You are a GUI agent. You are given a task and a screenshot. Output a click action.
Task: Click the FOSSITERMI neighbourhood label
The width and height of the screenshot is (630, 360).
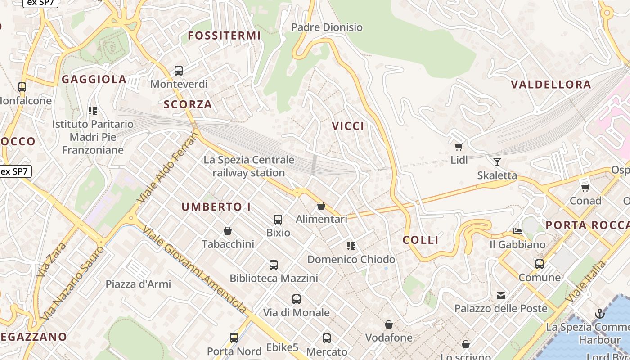coord(224,36)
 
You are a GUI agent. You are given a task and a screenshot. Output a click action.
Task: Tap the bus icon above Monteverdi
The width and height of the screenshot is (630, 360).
coord(179,71)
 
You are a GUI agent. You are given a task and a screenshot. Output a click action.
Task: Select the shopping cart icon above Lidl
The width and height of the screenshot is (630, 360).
coord(459,147)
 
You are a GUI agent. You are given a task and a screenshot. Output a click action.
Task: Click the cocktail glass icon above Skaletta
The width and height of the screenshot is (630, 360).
coord(497,162)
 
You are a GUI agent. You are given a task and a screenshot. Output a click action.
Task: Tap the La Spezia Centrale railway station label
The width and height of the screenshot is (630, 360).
coord(249,166)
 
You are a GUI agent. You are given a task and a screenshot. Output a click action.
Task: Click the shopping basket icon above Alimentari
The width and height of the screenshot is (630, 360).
coord(321,206)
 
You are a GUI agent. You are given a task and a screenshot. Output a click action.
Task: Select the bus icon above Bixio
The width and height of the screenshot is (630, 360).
coord(278,220)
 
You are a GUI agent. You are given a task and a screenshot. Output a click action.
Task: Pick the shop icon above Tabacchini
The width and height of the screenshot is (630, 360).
coord(228,231)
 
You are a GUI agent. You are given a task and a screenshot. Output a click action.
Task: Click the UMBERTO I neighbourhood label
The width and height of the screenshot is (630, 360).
coord(216,207)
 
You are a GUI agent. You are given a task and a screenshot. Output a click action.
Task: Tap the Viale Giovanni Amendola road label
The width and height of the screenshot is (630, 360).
coord(194,270)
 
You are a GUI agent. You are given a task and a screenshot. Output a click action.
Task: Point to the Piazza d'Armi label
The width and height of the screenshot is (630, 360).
coord(138,284)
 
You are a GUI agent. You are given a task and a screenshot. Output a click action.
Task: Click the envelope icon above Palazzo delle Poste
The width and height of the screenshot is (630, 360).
coord(501,296)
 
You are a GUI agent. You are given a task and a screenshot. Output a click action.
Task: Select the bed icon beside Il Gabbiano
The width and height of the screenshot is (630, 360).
coord(517,231)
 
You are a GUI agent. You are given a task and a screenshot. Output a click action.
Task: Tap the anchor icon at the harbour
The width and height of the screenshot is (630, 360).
coord(599,314)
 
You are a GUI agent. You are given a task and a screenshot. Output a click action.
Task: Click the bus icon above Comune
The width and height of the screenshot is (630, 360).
coord(540,264)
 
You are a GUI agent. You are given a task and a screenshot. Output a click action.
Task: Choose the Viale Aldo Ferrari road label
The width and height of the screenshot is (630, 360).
coord(169,166)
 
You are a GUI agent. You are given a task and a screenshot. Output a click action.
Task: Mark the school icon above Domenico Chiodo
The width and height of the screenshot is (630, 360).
coord(351,246)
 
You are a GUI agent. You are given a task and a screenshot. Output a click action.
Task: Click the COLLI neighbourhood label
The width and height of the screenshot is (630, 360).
coord(421,240)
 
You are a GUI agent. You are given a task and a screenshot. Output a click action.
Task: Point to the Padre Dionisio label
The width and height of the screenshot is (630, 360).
coord(327,27)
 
